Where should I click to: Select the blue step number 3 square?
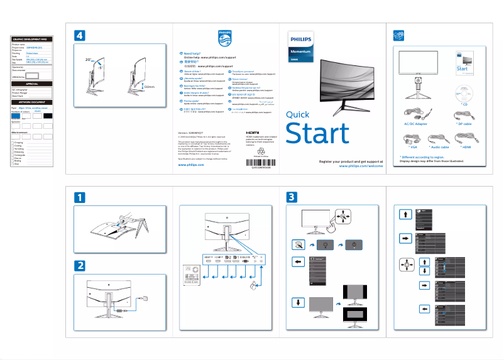(292, 197)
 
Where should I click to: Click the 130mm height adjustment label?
(148, 87)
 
